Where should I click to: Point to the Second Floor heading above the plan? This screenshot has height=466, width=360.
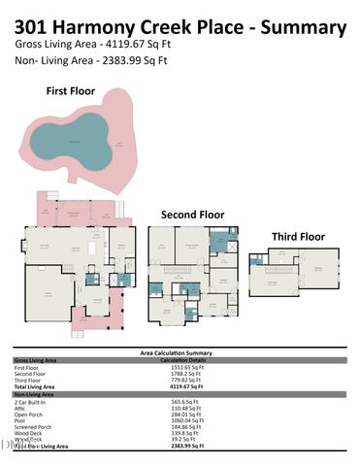click(x=192, y=214)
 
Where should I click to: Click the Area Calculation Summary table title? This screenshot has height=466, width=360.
click(x=180, y=352)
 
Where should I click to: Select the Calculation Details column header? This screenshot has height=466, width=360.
click(x=183, y=359)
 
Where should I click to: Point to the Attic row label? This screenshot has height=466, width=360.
click(x=21, y=407)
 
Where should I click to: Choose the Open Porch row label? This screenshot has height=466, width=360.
click(x=30, y=413)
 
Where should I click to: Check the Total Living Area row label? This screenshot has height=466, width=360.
click(x=38, y=386)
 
